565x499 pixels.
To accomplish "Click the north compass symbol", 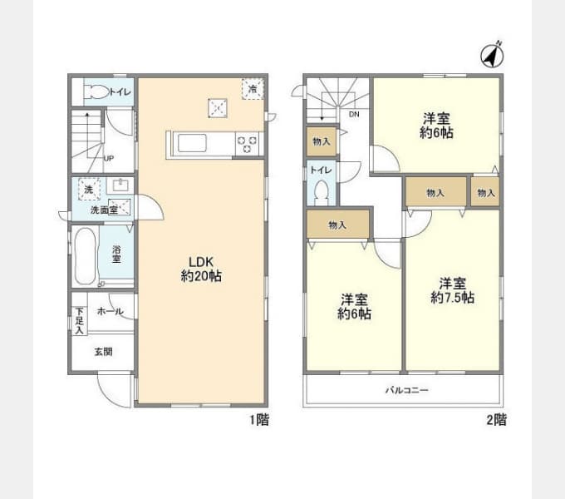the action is [492, 55].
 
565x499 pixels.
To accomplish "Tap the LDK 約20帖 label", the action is [201, 269].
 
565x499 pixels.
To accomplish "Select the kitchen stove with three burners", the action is [248, 144].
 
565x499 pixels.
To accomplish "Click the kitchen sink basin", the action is [192, 144].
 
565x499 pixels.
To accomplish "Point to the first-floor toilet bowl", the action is [96, 92].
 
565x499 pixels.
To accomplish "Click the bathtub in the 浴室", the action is [86, 256].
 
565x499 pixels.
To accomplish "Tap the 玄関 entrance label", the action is [103, 352].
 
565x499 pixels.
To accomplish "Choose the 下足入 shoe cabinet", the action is [79, 321].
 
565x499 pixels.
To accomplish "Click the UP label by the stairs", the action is [109, 158].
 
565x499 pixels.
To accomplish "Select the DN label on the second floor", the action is [354, 114].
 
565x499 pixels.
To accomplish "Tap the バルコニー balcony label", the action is [407, 390].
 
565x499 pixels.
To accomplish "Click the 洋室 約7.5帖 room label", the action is [452, 290].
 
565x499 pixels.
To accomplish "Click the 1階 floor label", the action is [259, 420].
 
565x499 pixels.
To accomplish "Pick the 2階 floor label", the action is [497, 420].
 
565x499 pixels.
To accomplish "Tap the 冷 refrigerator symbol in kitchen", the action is [253, 89].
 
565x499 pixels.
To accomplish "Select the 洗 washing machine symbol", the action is [89, 189].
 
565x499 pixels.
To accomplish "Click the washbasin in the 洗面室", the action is [120, 185].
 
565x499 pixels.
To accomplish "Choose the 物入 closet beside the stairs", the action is [321, 141].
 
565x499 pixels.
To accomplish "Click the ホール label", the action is [111, 312].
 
